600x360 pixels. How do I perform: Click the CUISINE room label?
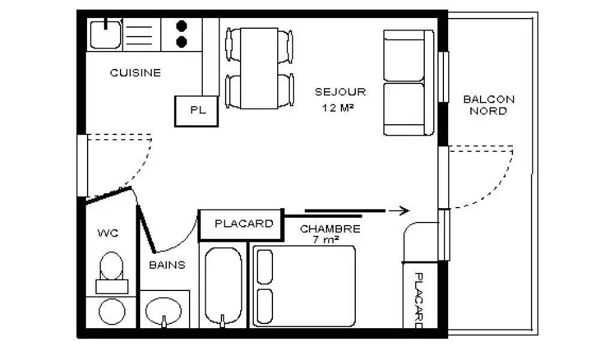click(136, 73)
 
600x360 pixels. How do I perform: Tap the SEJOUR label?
click(340, 92)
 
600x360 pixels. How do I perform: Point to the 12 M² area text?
click(338, 108)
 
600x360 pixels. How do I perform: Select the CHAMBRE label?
click(330, 229)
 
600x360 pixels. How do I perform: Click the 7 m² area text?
click(326, 240)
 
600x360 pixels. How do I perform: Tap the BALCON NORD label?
click(488, 105)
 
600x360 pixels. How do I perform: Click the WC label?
click(108, 233)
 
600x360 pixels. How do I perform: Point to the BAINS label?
click(167, 265)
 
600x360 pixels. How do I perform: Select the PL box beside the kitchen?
click(196, 111)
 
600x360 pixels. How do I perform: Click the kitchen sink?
click(105, 34)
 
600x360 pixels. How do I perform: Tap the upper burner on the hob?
click(182, 26)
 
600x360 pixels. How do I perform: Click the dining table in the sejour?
click(259, 68)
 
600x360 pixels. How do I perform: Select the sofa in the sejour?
click(409, 83)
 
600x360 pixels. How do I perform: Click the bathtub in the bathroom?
click(223, 286)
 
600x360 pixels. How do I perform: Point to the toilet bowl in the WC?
click(112, 266)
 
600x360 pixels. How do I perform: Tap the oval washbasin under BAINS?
click(164, 310)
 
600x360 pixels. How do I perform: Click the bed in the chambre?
click(304, 286)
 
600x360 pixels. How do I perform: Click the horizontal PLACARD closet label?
click(244, 223)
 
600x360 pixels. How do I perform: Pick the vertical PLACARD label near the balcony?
click(419, 301)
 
